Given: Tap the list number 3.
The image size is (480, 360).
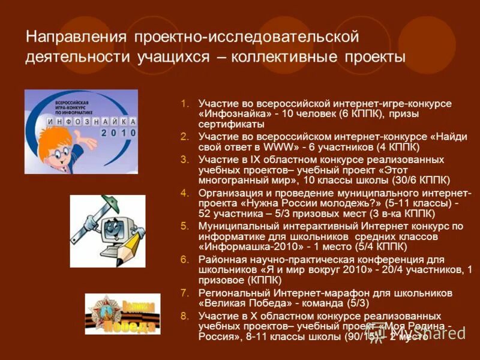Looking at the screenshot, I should click(184, 159).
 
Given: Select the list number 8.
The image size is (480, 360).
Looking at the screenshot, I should click(184, 316).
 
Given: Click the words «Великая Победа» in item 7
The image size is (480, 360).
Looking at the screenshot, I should click(241, 304).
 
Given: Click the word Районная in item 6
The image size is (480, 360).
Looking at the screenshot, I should click(219, 259).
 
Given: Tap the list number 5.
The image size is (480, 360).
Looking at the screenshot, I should click(184, 226).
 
